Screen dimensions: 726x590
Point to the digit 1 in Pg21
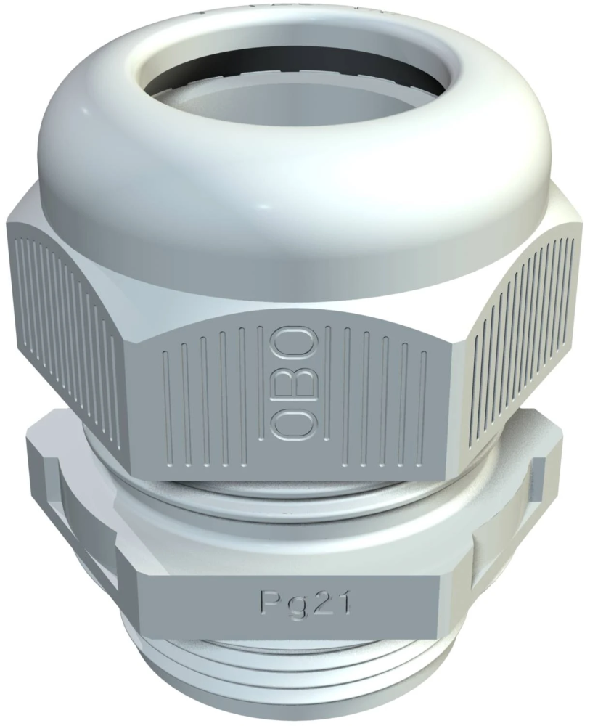[x=345, y=600]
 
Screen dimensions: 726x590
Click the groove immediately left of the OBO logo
[x=259, y=392]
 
